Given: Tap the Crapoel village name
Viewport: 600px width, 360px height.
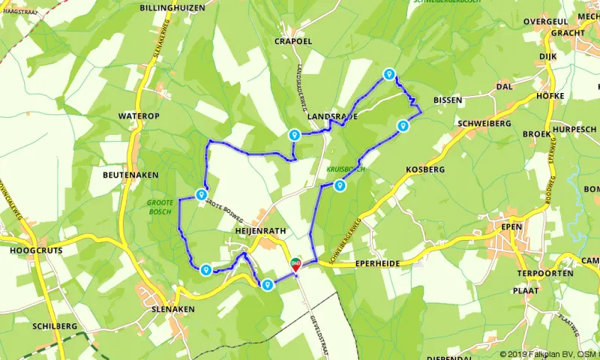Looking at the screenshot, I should (x=293, y=41).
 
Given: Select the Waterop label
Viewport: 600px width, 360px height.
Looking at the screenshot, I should (x=139, y=116).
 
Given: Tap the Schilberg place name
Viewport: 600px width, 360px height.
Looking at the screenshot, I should (x=55, y=326).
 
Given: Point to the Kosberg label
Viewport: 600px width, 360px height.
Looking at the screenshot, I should (x=425, y=170).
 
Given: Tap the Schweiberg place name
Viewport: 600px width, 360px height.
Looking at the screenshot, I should (x=483, y=123).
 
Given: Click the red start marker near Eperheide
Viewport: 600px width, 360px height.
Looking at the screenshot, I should (x=295, y=262).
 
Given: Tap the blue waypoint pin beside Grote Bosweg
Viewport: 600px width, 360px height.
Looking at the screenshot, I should (x=201, y=195).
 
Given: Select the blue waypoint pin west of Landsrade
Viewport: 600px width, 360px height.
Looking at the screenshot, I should (x=295, y=135).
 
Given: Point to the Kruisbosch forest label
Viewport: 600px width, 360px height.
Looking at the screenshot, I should (x=346, y=169).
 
